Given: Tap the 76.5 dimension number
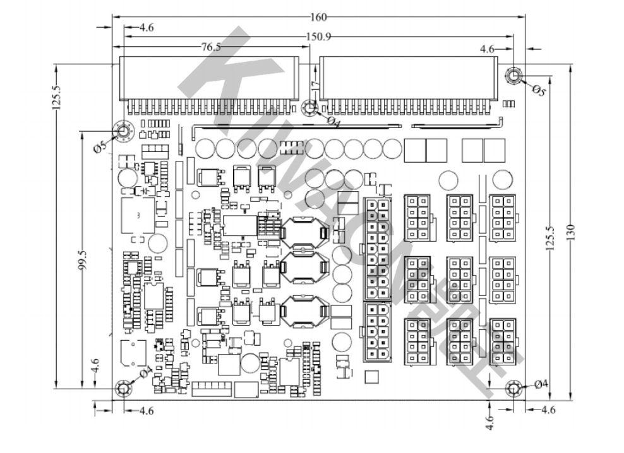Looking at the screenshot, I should coord(210,47).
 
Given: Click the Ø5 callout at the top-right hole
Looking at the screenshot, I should coord(538,89).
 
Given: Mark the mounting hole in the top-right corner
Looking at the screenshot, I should coord(513,77).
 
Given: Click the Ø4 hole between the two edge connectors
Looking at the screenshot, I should coord(309,108).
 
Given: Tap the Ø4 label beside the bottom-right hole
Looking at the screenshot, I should coord(541,384).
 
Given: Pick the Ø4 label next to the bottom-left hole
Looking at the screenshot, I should coord(145,372).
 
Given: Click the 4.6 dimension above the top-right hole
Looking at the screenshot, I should coord(488,48).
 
